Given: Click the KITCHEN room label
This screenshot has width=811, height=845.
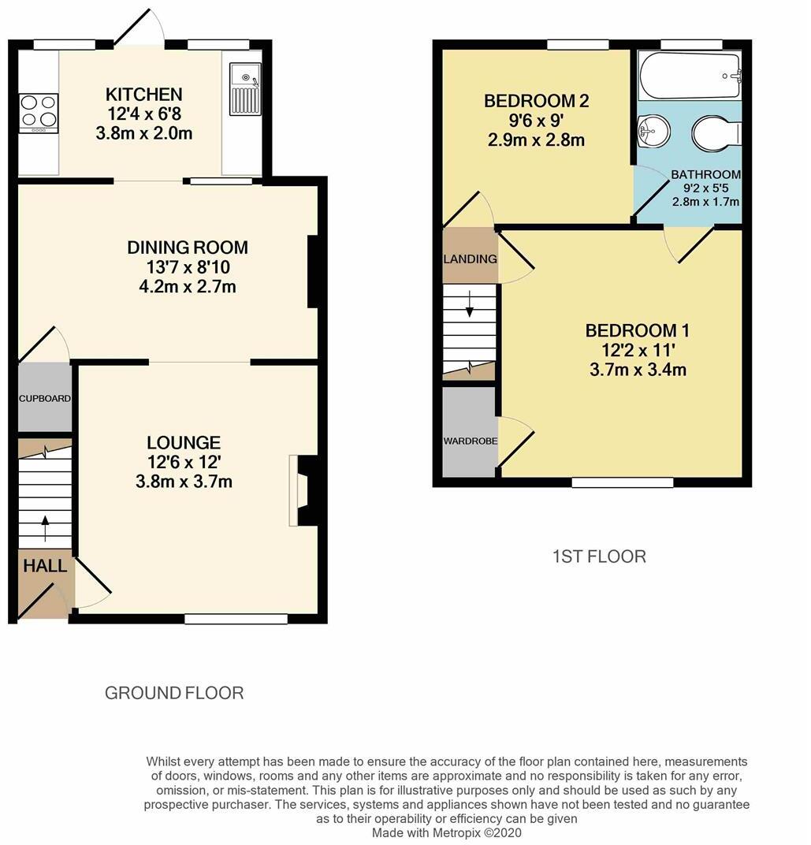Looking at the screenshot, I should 143,95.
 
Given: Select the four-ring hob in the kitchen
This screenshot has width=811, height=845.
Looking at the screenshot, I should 39,111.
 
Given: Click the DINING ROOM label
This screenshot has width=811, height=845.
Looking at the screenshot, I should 188,248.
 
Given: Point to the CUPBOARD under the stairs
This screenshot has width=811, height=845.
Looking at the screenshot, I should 45,399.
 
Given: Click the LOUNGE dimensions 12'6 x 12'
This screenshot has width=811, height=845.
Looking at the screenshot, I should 184,462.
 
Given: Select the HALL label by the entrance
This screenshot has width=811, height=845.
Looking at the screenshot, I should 45,566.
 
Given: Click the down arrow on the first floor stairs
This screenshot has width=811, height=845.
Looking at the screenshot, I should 470,303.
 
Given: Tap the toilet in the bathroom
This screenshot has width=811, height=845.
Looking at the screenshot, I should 715,133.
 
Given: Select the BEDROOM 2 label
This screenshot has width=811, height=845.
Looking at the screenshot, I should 536,101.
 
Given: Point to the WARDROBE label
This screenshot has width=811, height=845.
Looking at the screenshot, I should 470,441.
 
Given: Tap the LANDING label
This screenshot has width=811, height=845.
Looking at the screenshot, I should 470,259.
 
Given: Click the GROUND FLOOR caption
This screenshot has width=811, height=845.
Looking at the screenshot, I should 174,693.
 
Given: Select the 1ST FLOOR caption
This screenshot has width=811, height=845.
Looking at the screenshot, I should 599,557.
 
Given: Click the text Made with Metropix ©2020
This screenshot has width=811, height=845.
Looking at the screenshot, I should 446,832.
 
